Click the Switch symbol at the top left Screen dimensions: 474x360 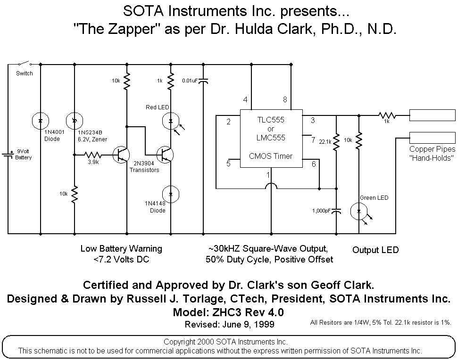(25, 63)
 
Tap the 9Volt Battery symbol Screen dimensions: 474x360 (8, 155)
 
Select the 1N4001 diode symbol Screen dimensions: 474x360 (41, 121)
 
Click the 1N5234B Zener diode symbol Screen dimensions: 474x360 (75, 121)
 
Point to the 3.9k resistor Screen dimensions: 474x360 (93, 155)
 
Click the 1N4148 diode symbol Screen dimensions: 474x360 (171, 194)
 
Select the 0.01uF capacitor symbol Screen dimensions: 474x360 (203, 81)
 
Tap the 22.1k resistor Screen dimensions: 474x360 (336, 142)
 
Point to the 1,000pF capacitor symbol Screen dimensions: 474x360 (336, 211)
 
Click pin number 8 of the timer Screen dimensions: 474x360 (285, 99)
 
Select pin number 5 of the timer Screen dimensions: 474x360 (229, 164)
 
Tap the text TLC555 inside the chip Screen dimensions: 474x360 (271, 120)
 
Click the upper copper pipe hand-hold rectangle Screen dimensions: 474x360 (432, 115)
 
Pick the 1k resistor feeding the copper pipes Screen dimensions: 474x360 (387, 115)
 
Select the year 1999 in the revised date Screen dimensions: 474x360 (264, 324)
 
